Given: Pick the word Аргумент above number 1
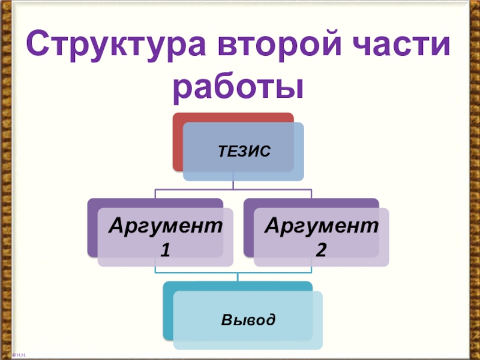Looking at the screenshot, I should coord(165,226).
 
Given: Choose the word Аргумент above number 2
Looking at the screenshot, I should coord(321,226).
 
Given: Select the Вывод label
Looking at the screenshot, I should coord(248,319).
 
